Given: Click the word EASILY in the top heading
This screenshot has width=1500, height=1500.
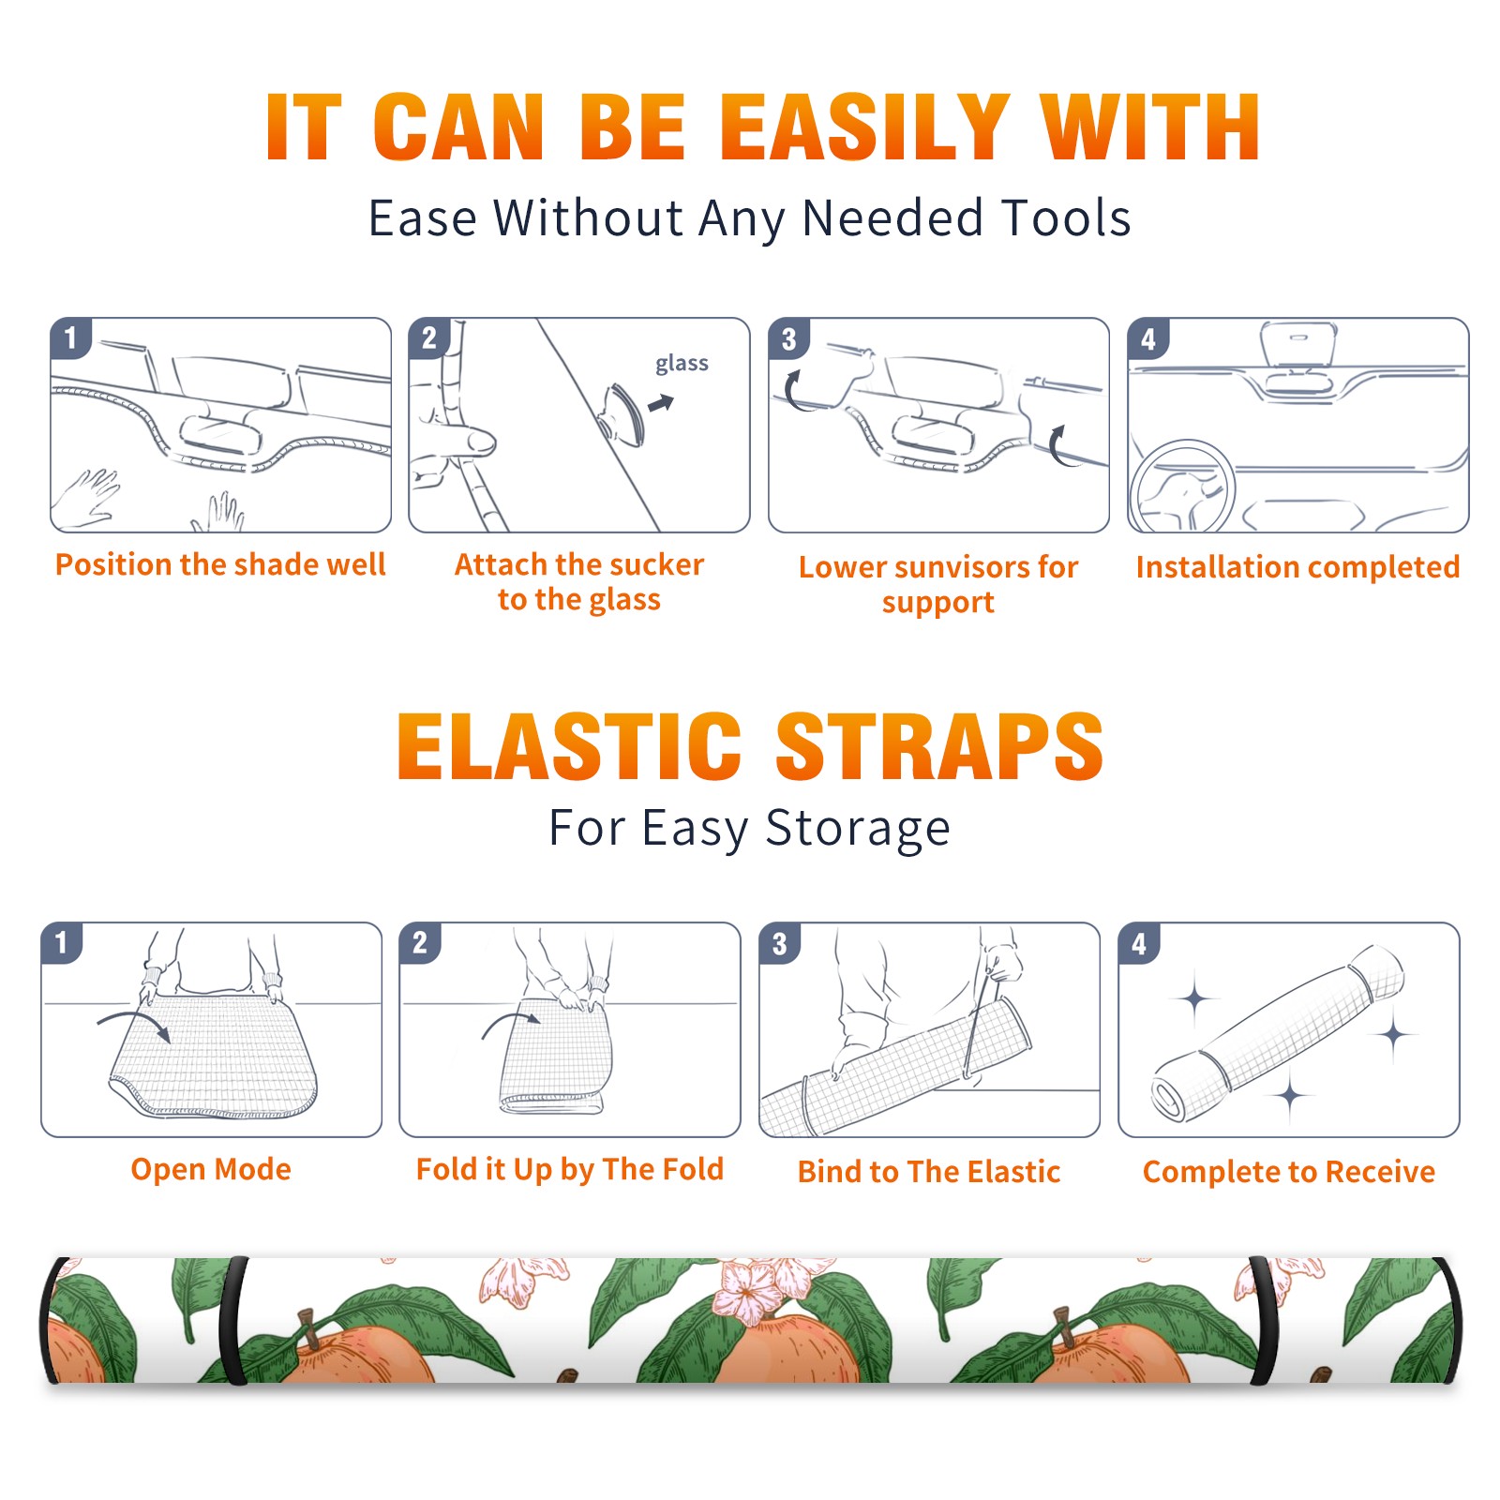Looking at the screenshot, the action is tap(863, 127).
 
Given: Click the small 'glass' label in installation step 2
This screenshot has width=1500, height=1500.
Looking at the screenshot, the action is tap(682, 363).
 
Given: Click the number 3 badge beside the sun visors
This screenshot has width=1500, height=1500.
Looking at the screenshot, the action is tap(788, 339).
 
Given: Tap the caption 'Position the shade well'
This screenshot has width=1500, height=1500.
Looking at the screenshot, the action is tap(220, 564).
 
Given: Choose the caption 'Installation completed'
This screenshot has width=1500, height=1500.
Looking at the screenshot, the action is tap(1297, 567).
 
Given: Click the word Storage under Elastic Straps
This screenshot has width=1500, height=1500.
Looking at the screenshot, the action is tap(858, 829).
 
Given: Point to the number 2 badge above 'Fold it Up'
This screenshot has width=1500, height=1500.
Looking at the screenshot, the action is tap(420, 943).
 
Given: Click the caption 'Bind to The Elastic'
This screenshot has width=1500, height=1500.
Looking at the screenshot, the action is tap(929, 1172).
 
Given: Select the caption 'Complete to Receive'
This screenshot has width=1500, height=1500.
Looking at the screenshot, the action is tap(1289, 1172).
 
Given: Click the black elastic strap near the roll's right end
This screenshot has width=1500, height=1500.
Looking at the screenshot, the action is tap(1262, 1321).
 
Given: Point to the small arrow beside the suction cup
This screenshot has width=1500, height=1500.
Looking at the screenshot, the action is tap(662, 403).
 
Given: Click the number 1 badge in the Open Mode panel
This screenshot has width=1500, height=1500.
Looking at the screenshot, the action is tap(62, 943).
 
